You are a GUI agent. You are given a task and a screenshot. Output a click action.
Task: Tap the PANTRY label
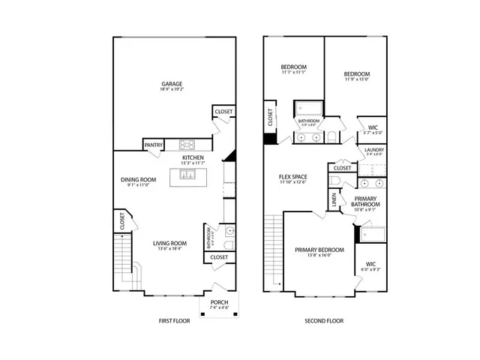point(154,145)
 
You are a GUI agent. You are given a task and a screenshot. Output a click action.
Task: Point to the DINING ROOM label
point(138,180)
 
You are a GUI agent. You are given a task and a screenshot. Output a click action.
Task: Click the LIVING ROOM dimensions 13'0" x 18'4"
point(169,250)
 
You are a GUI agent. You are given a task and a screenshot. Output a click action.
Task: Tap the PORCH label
point(220,302)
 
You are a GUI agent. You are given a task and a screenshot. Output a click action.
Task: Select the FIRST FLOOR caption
point(173,320)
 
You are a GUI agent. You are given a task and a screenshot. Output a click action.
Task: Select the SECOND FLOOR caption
point(323,320)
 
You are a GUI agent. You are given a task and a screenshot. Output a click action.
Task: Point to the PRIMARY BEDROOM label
point(319,250)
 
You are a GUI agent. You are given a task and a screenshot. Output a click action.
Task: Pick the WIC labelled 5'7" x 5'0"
point(373,132)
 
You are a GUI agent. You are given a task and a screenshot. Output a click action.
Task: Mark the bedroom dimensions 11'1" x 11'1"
point(293,73)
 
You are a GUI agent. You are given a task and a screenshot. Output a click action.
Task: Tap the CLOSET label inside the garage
point(223,112)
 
